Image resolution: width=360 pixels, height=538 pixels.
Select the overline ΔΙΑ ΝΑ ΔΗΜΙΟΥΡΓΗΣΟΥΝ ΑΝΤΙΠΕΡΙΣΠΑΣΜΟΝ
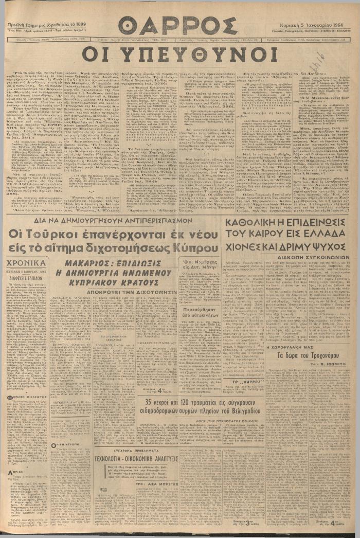[x=114, y=220]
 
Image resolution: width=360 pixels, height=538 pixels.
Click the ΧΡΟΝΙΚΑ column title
[x=26, y=262]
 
